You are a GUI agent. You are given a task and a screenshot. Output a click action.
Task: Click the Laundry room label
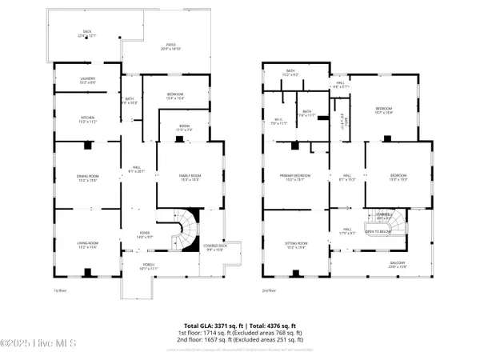pos(87,80)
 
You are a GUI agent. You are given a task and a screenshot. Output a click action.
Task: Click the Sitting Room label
pos(297,245)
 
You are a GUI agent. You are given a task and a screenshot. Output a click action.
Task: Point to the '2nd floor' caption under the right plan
pos(270,290)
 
